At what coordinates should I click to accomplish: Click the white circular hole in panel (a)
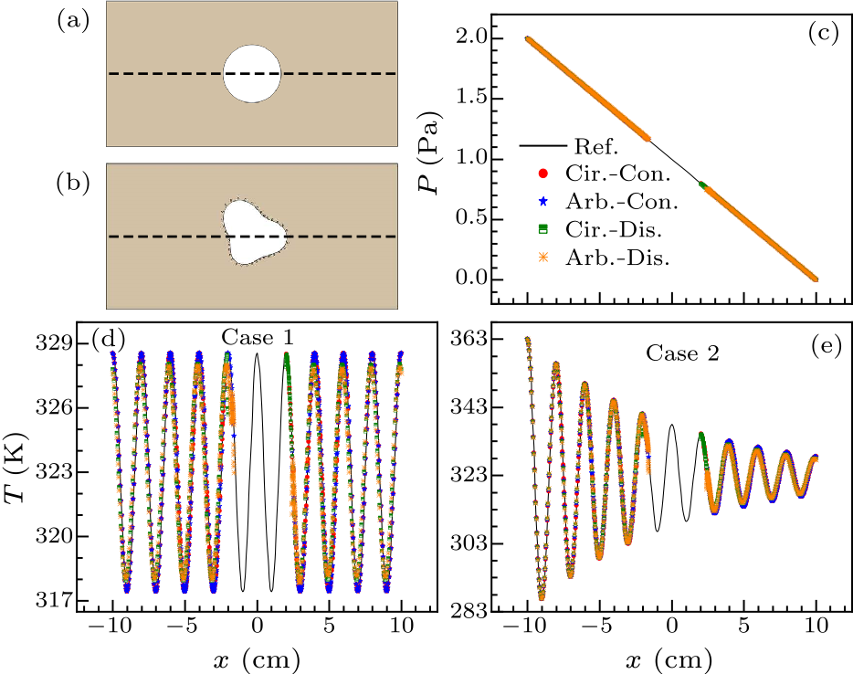pyautogui.click(x=252, y=74)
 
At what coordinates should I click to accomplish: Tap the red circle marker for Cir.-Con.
pyautogui.click(x=545, y=173)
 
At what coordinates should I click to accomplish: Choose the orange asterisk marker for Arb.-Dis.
pyautogui.click(x=545, y=258)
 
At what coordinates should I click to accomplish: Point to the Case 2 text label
pyautogui.click(x=682, y=353)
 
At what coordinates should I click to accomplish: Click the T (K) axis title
pyautogui.click(x=21, y=470)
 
